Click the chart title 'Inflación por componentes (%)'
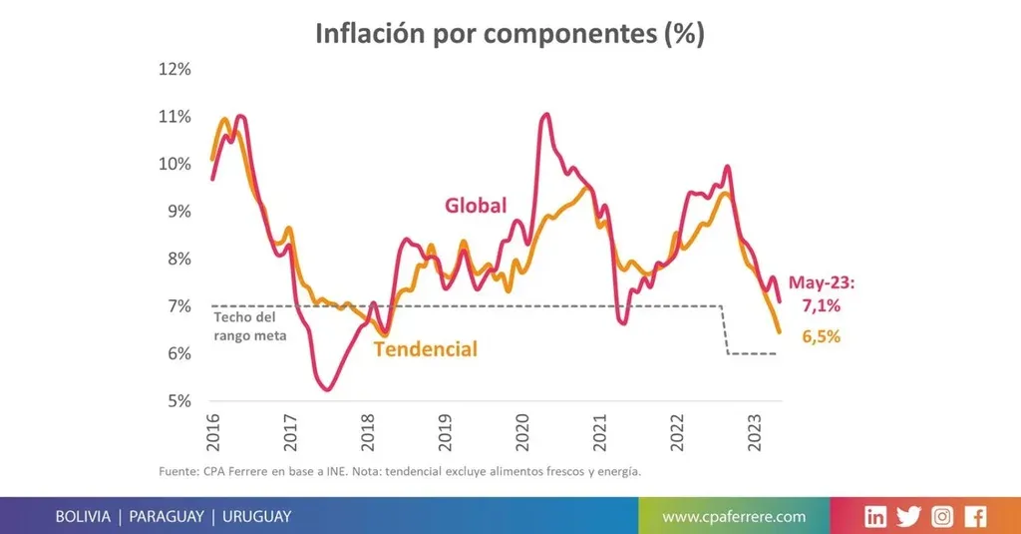[510, 33]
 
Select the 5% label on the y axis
[176, 401]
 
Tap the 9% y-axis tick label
[176, 212]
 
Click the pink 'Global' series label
[476, 206]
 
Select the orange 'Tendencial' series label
[425, 349]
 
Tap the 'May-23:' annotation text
[822, 282]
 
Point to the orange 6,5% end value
[822, 337]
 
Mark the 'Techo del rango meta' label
[249, 327]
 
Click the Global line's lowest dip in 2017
[327, 389]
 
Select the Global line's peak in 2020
[545, 115]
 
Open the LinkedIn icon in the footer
[875, 516]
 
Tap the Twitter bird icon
[908, 516]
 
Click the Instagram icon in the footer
[942, 516]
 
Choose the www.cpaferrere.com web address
[734, 516]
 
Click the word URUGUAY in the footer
[256, 516]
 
